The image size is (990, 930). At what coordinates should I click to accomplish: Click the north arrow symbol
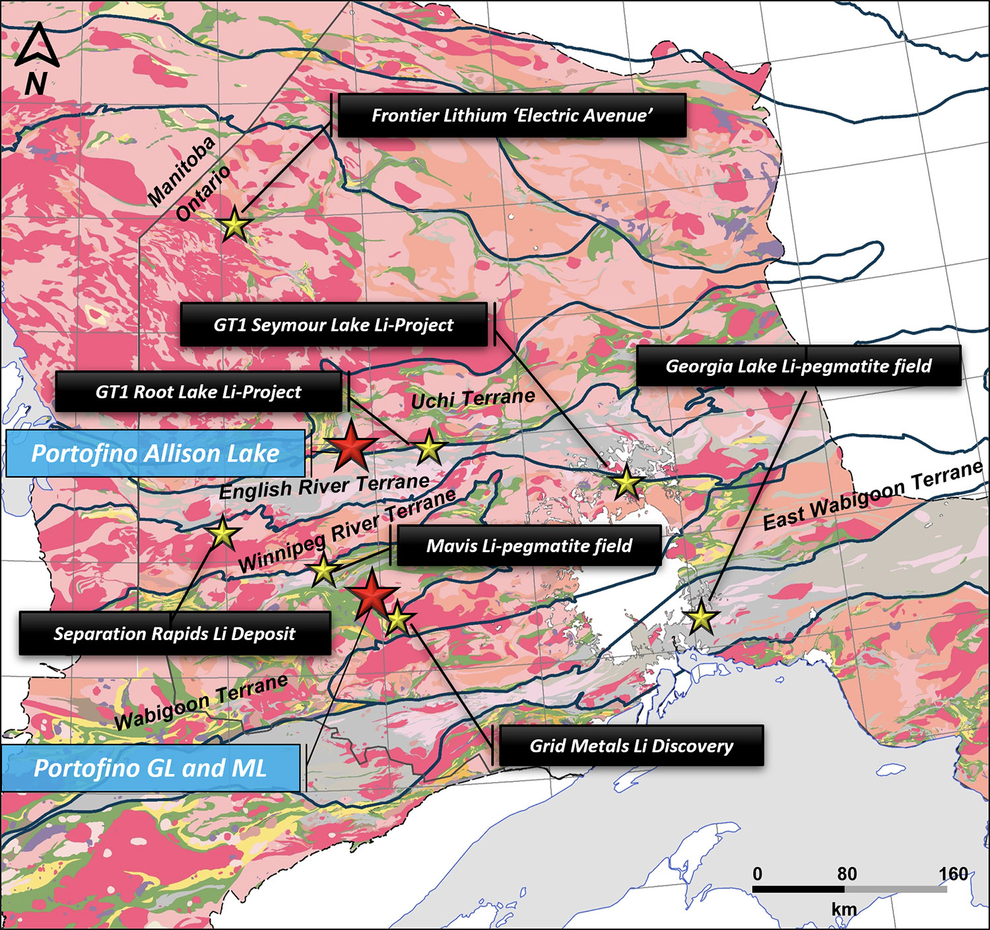point(37,46)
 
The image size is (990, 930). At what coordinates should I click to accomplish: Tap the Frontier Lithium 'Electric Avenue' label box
point(511,116)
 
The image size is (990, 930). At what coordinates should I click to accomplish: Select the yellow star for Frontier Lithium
point(234,225)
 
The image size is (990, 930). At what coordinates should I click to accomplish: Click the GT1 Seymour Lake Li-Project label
point(333,325)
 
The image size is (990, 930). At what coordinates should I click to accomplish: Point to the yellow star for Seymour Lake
point(626,483)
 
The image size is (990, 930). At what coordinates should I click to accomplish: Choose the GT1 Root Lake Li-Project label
point(198,392)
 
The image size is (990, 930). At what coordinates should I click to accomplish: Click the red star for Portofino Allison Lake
point(351,447)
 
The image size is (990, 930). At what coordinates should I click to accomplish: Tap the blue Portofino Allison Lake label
point(155,454)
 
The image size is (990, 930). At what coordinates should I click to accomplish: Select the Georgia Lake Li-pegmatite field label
point(798,366)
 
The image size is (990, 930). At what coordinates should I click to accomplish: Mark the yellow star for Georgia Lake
point(701,618)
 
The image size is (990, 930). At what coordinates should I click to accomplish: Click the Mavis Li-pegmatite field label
point(529,546)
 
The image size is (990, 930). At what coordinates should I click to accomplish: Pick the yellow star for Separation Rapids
point(223,534)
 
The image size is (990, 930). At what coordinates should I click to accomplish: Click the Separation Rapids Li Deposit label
point(174,633)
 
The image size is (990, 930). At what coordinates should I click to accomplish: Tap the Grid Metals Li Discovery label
point(631,746)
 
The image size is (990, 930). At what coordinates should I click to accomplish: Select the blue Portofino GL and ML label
point(150,768)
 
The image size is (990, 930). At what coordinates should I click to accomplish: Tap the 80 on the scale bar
point(847,874)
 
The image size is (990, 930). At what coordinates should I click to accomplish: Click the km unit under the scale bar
point(843,910)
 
